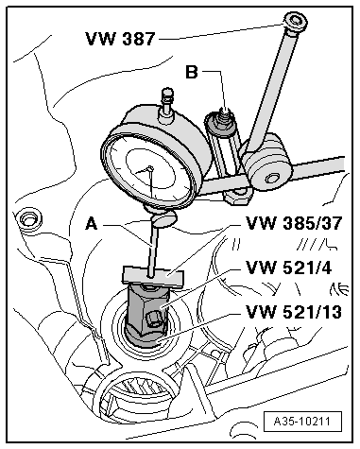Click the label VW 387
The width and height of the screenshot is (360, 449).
click(x=120, y=39)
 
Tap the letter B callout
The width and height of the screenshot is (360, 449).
click(x=192, y=72)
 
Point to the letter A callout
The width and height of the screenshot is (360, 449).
click(x=92, y=224)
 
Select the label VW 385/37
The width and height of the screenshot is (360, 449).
click(x=294, y=223)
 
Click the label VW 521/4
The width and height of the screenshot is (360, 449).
click(x=288, y=268)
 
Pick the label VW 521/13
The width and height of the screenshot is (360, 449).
click(x=294, y=312)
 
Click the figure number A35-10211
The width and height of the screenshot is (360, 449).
click(x=302, y=422)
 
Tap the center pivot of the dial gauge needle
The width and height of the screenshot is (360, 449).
click(x=150, y=168)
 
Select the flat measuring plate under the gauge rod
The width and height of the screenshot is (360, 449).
click(x=153, y=276)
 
